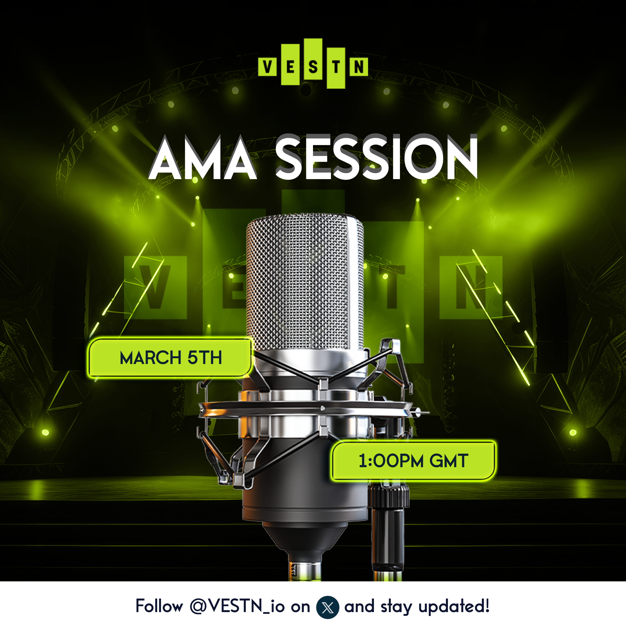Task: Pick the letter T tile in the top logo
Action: [x=336, y=68]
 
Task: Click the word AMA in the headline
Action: [x=203, y=158]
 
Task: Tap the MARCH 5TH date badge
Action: [x=170, y=357]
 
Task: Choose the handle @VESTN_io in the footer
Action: [x=237, y=606]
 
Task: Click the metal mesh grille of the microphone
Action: [x=304, y=282]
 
